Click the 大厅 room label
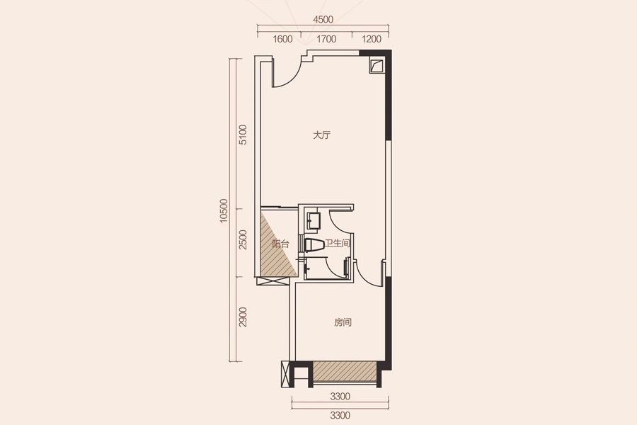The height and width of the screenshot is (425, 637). click(x=322, y=135)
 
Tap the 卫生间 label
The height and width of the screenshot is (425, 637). click(x=337, y=243)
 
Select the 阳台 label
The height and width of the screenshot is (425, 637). click(x=280, y=244)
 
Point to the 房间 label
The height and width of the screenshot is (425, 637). click(x=343, y=322)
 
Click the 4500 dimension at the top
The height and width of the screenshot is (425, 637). click(x=323, y=19)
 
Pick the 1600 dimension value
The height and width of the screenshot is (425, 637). click(x=282, y=39)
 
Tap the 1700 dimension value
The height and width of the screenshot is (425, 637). click(x=326, y=39)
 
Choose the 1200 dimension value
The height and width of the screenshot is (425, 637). click(x=372, y=39)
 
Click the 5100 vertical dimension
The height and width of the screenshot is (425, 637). click(x=243, y=135)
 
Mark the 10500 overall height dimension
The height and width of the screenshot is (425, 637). click(x=224, y=210)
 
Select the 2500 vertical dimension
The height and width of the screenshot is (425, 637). click(x=243, y=239)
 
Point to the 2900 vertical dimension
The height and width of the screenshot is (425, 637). click(x=243, y=317)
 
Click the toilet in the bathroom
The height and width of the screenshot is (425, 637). click(x=314, y=245)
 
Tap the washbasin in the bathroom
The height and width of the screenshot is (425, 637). click(x=314, y=220)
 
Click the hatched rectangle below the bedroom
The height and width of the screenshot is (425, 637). click(x=345, y=371)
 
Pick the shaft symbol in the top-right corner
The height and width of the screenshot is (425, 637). click(x=377, y=65)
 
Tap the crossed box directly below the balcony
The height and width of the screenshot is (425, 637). click(x=272, y=282)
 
